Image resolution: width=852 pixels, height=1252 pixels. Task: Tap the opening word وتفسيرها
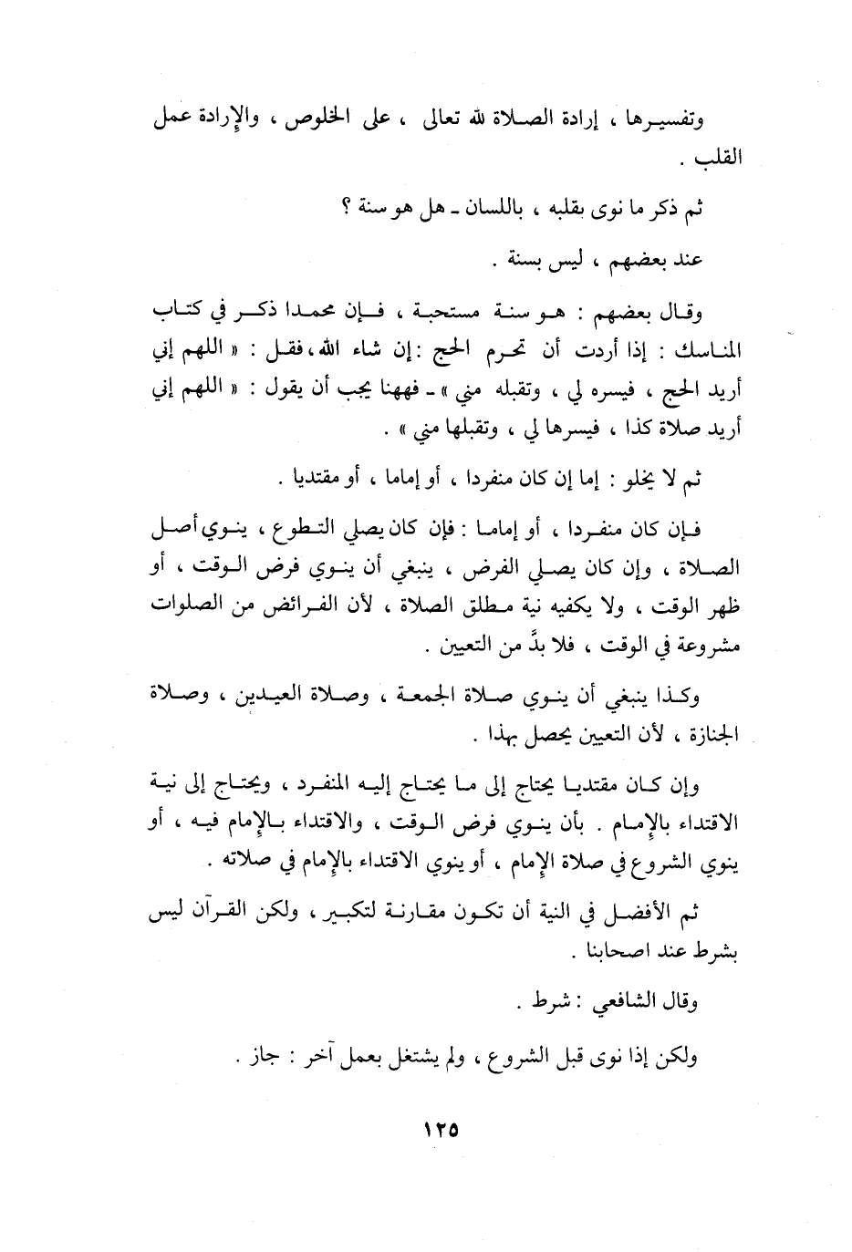coord(673,121)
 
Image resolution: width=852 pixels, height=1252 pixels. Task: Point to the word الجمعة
coord(408,698)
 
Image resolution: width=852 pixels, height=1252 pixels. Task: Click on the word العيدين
coord(248,698)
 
